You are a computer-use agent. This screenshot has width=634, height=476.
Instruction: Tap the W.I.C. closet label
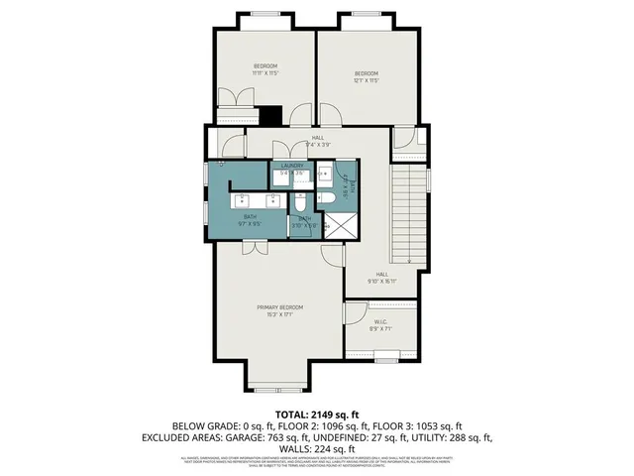coord(381,321)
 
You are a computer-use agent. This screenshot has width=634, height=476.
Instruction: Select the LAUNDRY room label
coord(291,166)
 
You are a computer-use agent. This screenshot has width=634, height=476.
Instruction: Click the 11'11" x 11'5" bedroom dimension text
coord(265,72)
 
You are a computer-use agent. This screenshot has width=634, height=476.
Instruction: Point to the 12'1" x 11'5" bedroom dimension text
coord(368,80)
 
